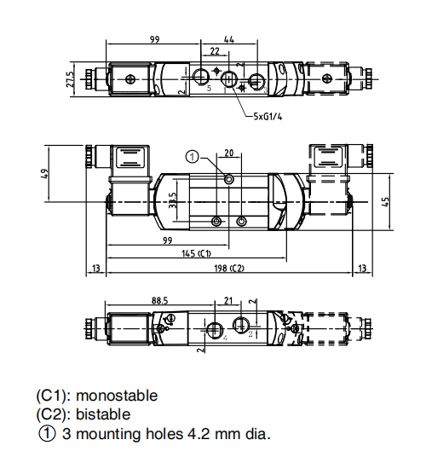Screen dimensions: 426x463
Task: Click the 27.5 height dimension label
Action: point(70,79)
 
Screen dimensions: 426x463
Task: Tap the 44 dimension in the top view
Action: point(229,39)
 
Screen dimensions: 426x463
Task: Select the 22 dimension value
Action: point(215,51)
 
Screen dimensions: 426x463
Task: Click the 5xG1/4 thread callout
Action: point(268,117)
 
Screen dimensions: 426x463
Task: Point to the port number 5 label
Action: point(209,88)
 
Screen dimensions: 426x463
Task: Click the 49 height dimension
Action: point(44,174)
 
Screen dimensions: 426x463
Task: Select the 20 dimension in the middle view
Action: point(229,153)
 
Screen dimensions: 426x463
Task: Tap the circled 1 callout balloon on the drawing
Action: point(192,157)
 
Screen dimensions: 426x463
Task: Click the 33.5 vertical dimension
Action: point(172,200)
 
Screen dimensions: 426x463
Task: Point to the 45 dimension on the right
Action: point(386,202)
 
